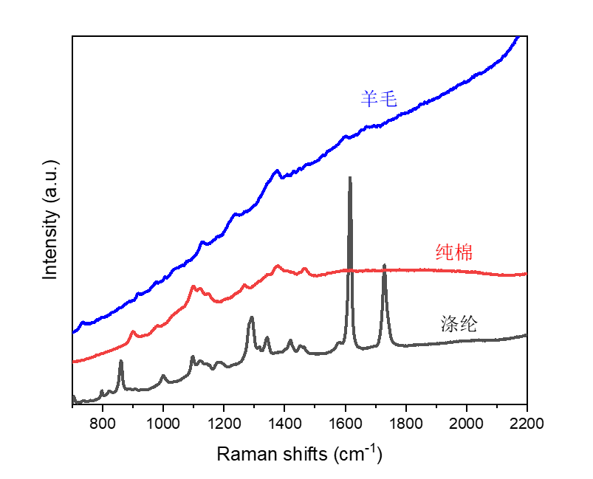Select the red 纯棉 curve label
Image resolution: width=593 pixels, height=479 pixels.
(x=454, y=253)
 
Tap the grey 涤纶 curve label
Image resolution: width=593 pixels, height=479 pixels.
(x=459, y=323)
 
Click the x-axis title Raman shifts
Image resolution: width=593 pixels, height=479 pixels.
(x=299, y=453)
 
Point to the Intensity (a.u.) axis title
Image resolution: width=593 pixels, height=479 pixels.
(x=50, y=221)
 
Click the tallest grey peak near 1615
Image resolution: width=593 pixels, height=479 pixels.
(x=349, y=178)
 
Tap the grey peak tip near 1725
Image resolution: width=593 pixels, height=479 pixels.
(x=384, y=265)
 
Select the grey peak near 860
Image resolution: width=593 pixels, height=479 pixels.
(x=120, y=361)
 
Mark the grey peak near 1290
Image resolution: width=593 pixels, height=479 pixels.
(x=251, y=317)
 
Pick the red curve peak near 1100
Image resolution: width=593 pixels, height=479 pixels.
(x=193, y=286)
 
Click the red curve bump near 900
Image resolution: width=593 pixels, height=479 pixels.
(x=133, y=332)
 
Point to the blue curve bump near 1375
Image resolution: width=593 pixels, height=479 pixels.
(x=277, y=170)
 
